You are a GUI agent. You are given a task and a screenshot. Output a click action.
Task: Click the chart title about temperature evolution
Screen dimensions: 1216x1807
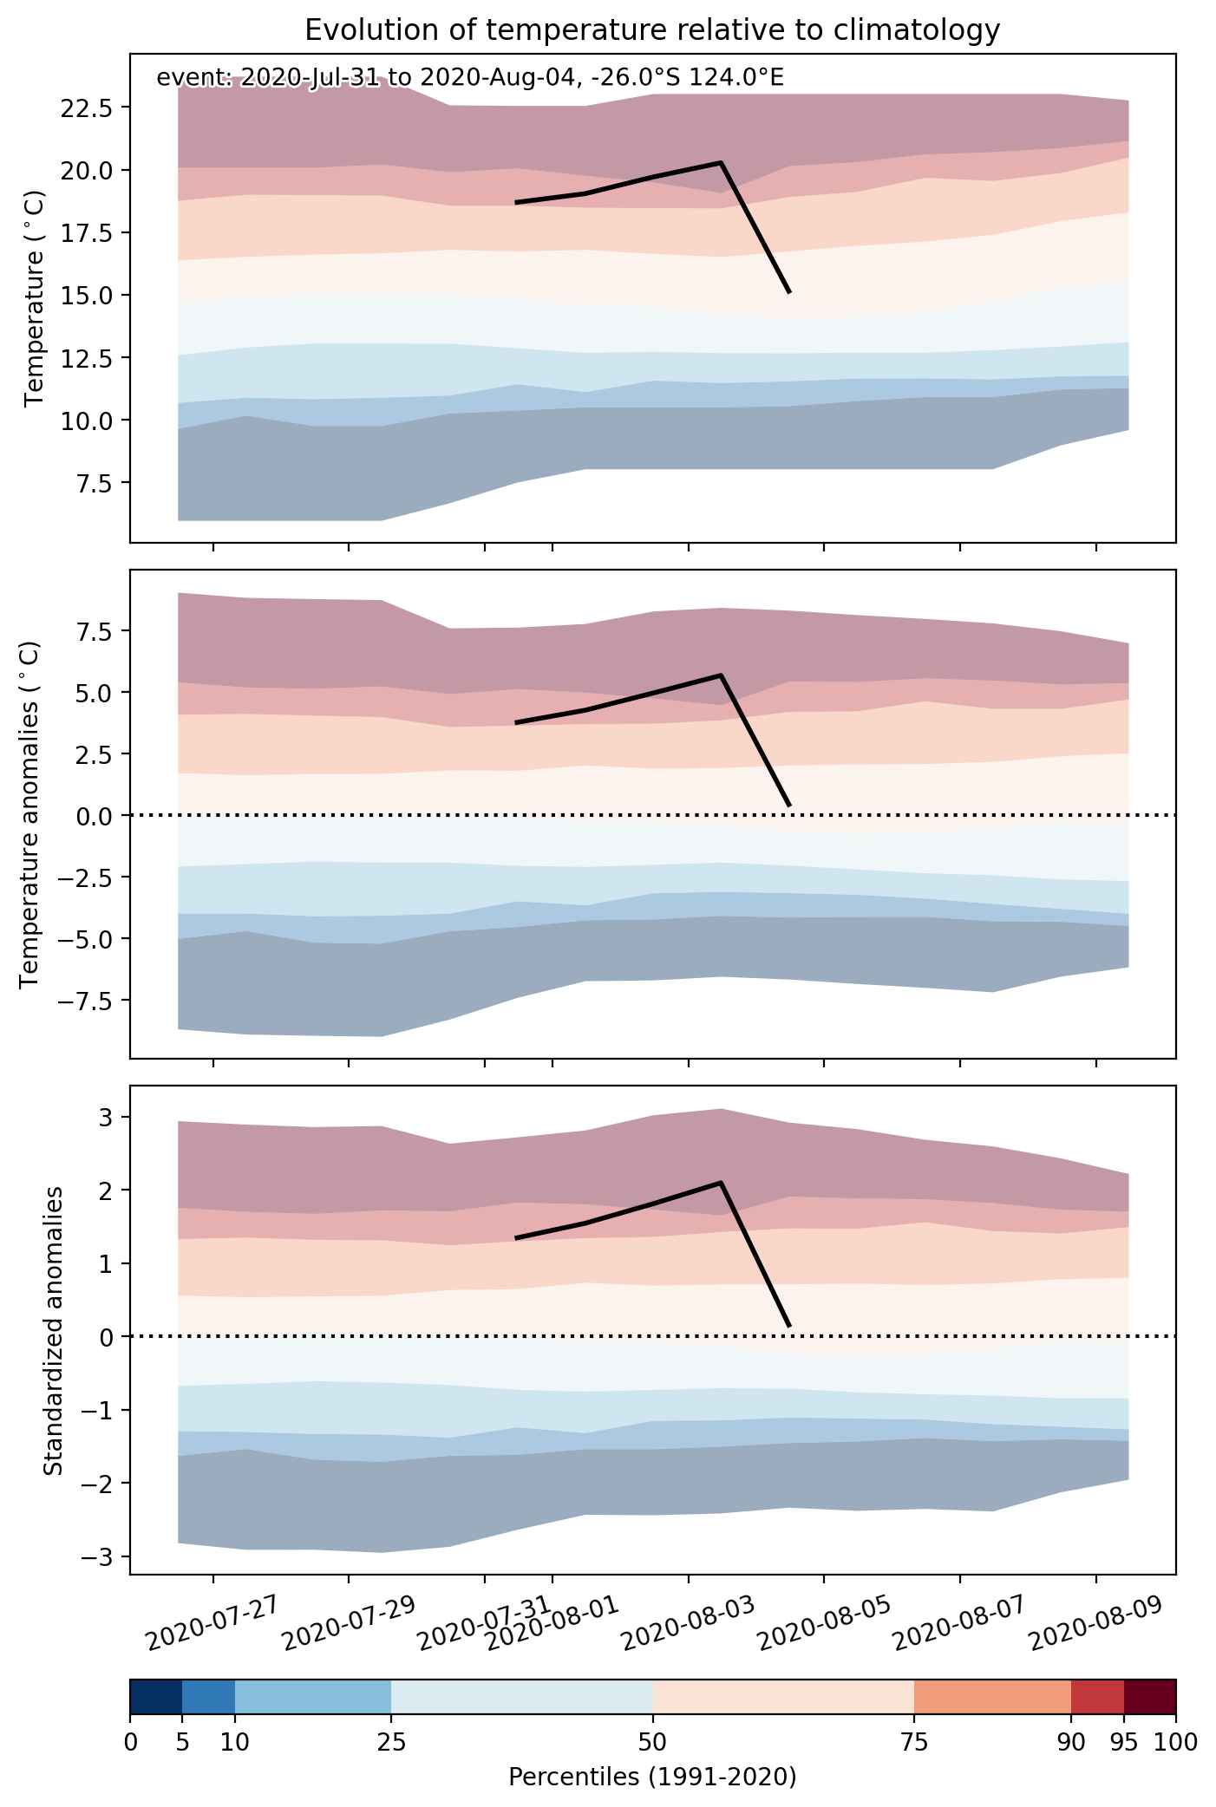[x=652, y=30]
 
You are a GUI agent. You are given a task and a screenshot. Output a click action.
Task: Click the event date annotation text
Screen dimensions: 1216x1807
[x=470, y=79]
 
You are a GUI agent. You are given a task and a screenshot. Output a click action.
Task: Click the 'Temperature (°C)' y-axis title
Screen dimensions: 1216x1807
[x=35, y=298]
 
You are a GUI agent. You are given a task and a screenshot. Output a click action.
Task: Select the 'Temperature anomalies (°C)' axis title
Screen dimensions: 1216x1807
[x=30, y=814]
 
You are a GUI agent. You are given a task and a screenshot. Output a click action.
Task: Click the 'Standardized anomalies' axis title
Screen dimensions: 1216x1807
[x=54, y=1330]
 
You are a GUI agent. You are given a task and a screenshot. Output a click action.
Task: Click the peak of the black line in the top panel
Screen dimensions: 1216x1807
[x=721, y=162]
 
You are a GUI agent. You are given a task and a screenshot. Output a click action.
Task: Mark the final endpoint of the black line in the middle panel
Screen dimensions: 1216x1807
[x=789, y=806]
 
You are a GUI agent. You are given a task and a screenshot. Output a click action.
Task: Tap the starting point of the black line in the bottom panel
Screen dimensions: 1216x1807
[x=516, y=1238]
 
